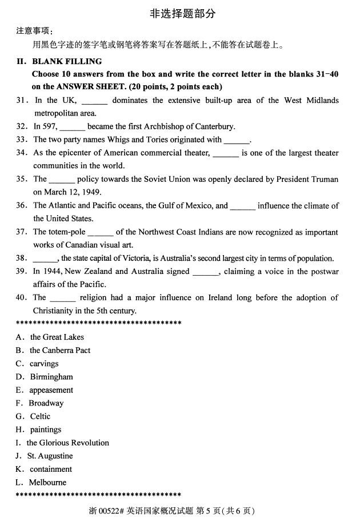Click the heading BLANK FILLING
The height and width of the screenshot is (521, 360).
point(67,61)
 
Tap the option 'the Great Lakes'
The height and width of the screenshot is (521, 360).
point(57,337)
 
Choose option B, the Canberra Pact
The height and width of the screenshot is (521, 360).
point(59,351)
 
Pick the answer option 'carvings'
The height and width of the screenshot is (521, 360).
point(44,364)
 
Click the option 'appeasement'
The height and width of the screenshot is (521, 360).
point(51,390)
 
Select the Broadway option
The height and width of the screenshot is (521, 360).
point(46,403)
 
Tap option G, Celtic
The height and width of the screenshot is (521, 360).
point(40,416)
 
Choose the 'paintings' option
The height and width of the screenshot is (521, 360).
point(45,429)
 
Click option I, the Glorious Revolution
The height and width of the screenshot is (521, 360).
point(67,443)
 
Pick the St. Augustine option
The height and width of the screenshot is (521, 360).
point(50,456)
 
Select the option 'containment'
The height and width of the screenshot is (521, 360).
point(51,469)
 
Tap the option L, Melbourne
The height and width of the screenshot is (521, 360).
point(47,482)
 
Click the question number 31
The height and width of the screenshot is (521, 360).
point(22,101)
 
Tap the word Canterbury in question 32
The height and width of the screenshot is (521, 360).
point(215,127)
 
